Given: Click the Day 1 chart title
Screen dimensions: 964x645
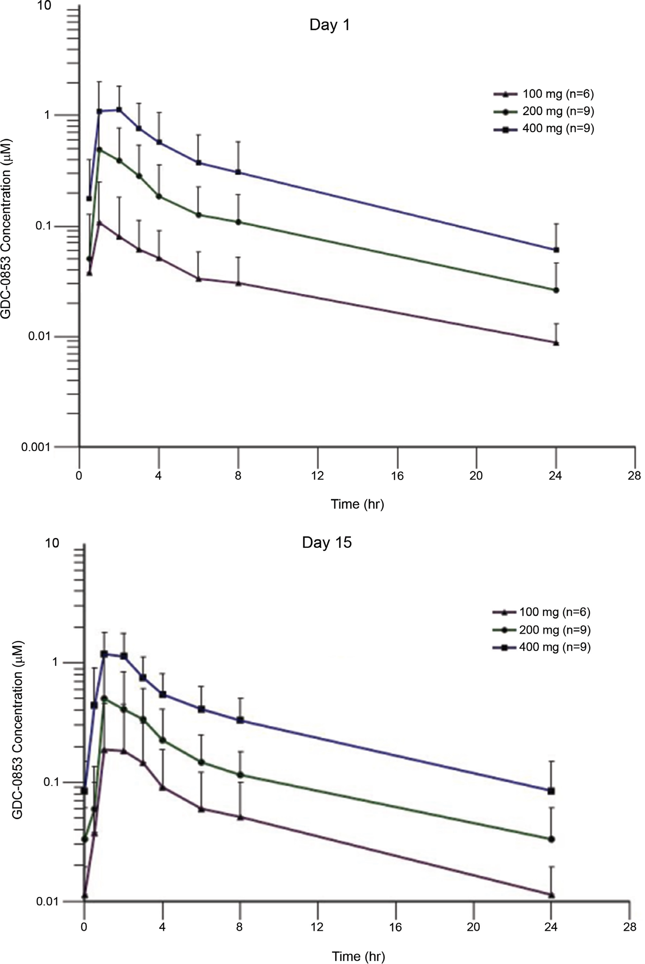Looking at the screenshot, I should pyautogui.click(x=329, y=25).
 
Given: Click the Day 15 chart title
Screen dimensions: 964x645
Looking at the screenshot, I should pyautogui.click(x=326, y=542).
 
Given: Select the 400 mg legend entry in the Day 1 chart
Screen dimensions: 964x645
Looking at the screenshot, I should pyautogui.click(x=544, y=129).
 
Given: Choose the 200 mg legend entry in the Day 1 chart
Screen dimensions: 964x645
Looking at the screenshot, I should pyautogui.click(x=544, y=111).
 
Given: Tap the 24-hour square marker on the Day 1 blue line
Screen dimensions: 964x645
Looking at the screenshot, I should pyautogui.click(x=556, y=249).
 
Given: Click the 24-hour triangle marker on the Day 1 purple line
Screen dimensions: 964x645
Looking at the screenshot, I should pyautogui.click(x=556, y=343).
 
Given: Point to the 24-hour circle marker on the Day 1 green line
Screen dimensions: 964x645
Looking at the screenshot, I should pyautogui.click(x=556, y=290).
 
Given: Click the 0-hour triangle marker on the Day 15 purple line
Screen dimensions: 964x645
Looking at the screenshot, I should pyautogui.click(x=85, y=894).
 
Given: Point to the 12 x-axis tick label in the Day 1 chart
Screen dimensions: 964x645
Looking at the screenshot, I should pyautogui.click(x=317, y=476).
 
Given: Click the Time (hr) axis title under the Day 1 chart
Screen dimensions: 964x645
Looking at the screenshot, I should pyautogui.click(x=357, y=504).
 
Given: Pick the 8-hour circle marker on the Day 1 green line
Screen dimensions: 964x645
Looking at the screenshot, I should pyautogui.click(x=238, y=222).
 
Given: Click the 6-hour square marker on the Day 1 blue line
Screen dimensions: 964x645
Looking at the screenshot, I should pyautogui.click(x=198, y=163).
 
